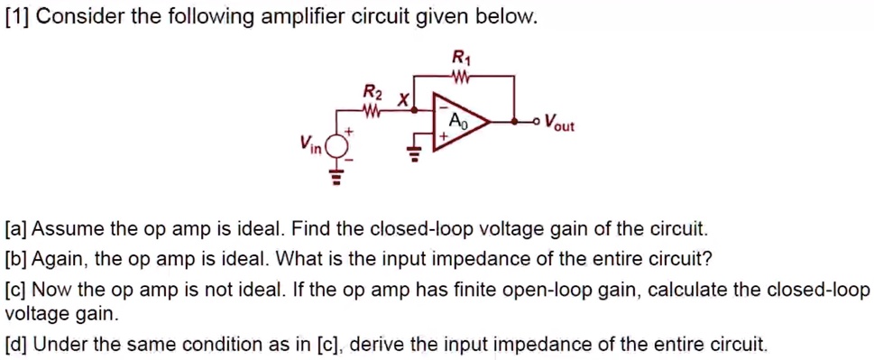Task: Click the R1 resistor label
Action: [x=460, y=60]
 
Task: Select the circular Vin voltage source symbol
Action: [x=338, y=143]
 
